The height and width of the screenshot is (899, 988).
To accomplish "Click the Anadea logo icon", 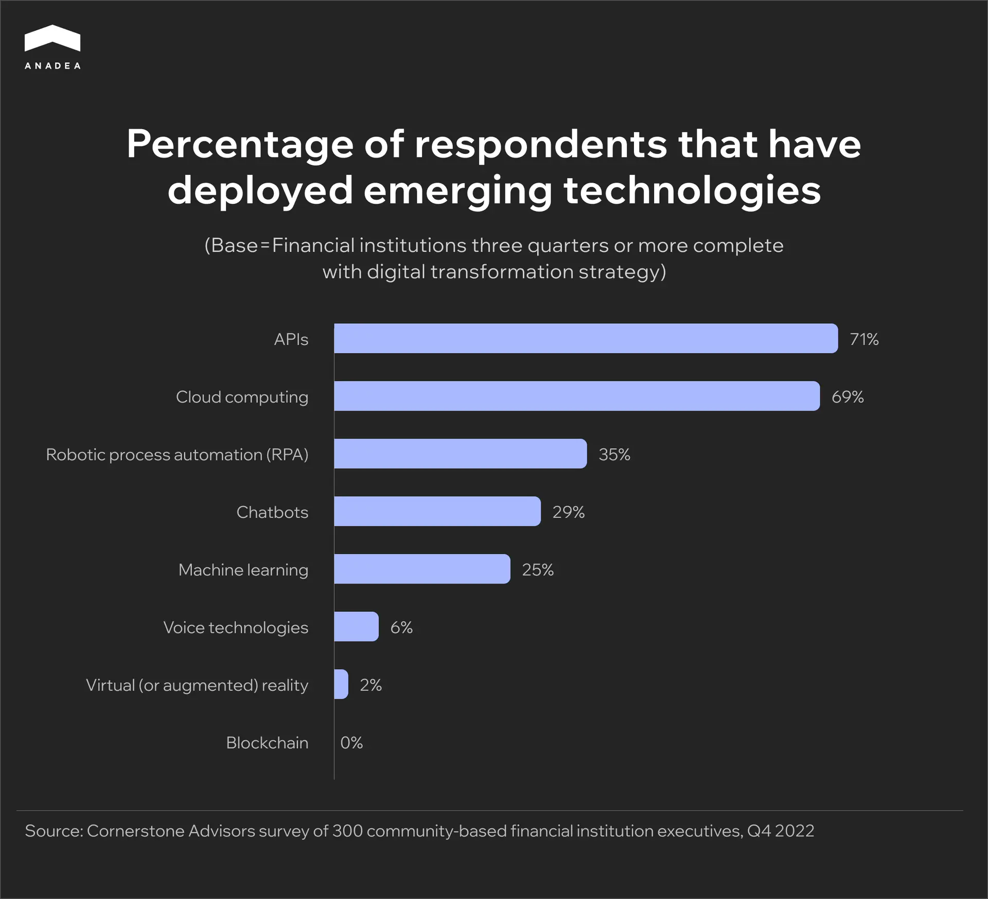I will point(52,38).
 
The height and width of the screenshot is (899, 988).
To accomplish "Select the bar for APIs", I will point(586,339).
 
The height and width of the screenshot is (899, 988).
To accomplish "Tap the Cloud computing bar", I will point(576,396).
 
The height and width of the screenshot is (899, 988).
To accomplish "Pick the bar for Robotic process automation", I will point(460,454).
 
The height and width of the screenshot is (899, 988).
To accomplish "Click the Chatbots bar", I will point(437,512).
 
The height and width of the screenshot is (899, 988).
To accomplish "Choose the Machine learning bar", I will point(422,569).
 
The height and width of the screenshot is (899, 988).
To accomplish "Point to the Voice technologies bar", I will point(356,627).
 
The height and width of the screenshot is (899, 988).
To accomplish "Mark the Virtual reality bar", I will point(341,684).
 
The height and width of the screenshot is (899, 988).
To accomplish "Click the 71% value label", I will point(864,339).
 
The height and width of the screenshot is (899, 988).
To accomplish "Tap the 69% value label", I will point(848,397).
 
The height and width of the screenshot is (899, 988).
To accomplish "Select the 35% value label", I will point(614,454).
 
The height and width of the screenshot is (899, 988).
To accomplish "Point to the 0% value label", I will point(351,743).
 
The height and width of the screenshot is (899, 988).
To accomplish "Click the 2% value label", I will point(370,685).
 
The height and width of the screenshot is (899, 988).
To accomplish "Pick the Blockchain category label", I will point(267,743).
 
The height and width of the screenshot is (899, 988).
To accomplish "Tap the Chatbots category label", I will point(272,512).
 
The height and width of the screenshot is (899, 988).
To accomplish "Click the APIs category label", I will point(291,339).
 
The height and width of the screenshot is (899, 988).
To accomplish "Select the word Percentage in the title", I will point(240,145).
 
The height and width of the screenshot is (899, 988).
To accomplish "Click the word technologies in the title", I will point(692,190).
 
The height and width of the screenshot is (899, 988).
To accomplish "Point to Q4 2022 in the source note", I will point(780,831).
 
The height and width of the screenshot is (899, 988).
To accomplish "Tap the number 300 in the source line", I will point(347,831).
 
